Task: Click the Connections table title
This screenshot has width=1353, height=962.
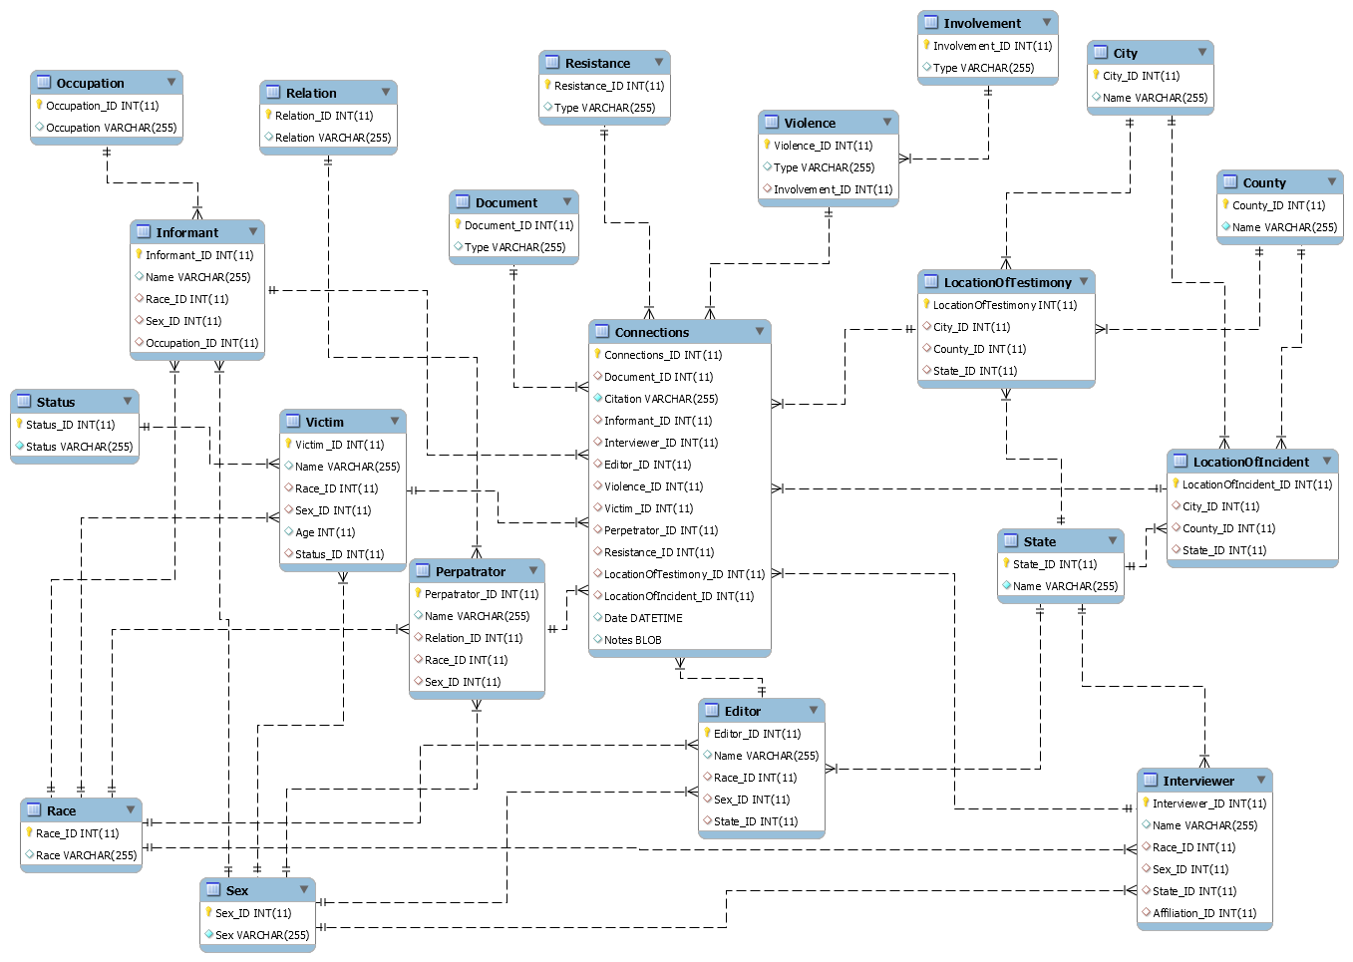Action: (651, 332)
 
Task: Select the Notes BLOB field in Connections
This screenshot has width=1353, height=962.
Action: (632, 640)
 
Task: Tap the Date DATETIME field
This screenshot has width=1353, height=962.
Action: (643, 618)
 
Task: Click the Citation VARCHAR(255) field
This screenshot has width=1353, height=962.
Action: (660, 399)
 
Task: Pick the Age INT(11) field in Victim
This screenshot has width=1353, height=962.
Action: (325, 532)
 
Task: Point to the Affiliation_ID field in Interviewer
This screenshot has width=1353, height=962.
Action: (1203, 913)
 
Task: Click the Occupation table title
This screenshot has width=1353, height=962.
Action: (90, 83)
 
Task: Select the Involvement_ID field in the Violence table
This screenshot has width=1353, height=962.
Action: (833, 189)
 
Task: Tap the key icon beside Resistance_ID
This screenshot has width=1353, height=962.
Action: (547, 85)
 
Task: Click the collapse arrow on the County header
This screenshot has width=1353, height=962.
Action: (1331, 181)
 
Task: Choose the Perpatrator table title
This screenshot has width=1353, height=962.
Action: (470, 571)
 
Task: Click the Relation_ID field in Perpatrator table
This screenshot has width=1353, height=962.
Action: (474, 638)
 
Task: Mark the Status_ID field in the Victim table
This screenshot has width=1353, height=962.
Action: (339, 554)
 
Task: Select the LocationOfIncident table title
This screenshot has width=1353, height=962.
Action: (1250, 462)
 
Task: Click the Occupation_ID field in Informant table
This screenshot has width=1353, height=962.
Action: (201, 343)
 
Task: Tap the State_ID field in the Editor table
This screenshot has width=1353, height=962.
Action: (755, 821)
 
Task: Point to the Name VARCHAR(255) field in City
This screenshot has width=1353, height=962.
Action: (1155, 98)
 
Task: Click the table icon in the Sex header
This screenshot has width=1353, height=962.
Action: (213, 889)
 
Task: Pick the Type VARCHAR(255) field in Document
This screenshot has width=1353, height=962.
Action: (514, 247)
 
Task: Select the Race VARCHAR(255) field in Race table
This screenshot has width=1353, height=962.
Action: (86, 855)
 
